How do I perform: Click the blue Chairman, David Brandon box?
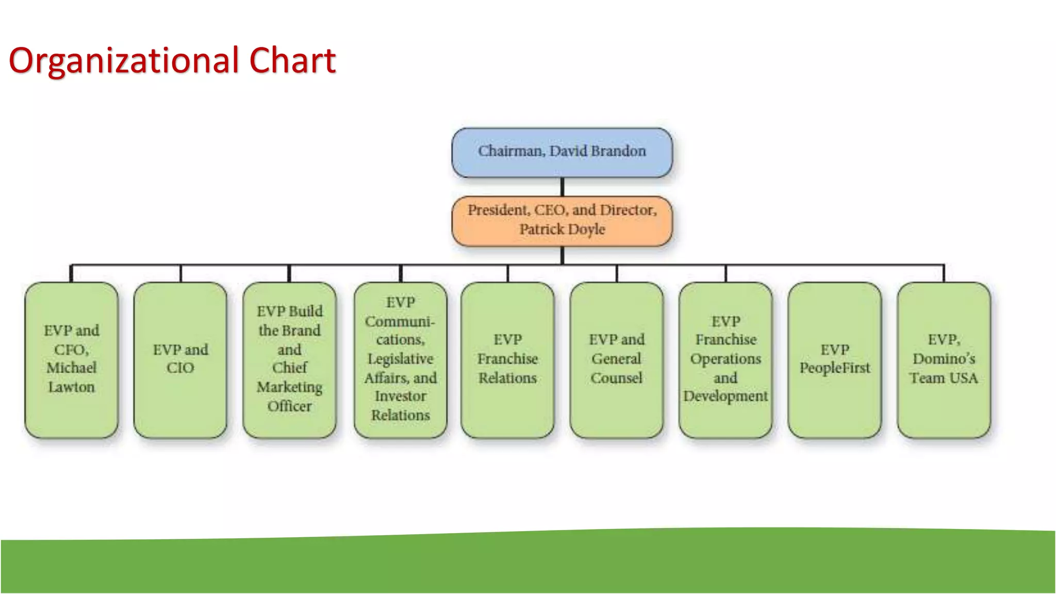pos(562,153)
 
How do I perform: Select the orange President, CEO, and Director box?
pos(562,221)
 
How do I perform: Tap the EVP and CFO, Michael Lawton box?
pos(72,359)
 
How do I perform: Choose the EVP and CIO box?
pos(180,359)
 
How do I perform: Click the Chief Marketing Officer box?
pos(289,359)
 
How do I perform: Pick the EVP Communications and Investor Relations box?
pos(401,359)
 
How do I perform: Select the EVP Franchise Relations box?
pos(508,359)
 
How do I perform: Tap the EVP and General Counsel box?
pos(617,359)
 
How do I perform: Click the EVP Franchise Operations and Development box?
pos(725,359)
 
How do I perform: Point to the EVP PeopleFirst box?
pos(835,359)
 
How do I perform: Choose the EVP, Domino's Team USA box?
pos(944,359)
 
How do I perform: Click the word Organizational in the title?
pos(124,61)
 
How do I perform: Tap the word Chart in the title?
pos(292,61)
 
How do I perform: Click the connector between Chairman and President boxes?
pos(562,187)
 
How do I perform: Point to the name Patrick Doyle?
pos(562,229)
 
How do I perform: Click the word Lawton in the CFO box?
pos(72,387)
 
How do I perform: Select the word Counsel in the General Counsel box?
pos(617,378)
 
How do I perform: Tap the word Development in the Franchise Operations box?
pos(725,397)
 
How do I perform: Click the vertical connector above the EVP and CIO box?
pos(180,274)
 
